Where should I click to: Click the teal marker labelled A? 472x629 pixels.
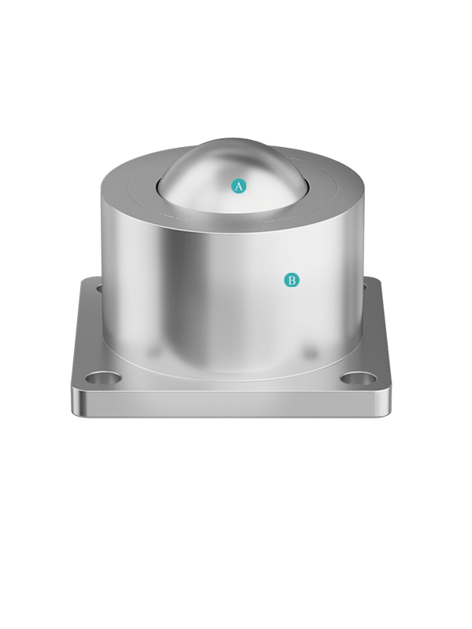tap(239, 186)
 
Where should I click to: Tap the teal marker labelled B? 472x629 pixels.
tap(292, 280)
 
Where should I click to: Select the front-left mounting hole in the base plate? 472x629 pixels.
tap(104, 378)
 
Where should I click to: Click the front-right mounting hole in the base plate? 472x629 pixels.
tap(359, 378)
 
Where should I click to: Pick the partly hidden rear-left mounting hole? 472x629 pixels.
tap(99, 288)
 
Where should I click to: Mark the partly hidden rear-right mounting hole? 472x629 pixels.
tap(364, 286)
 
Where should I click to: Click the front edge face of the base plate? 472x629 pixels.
tap(231, 404)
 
